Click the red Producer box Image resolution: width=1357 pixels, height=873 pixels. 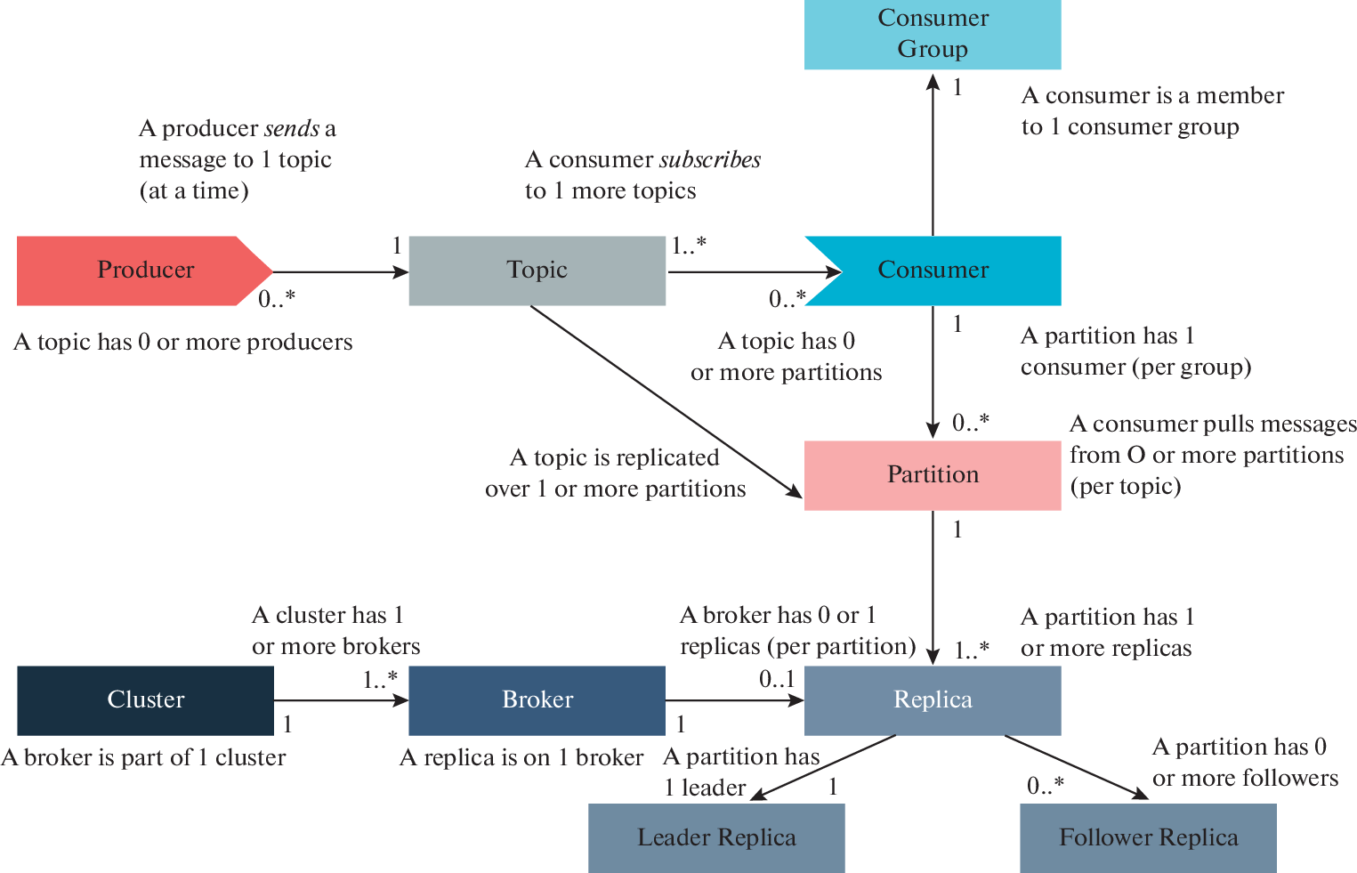click(x=133, y=271)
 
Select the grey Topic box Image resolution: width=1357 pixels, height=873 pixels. click(x=537, y=271)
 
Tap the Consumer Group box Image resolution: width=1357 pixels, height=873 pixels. click(x=933, y=34)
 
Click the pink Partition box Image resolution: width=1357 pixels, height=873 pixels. click(x=933, y=475)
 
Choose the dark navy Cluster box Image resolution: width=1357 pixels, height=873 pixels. click(x=145, y=700)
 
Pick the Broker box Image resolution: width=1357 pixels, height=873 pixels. click(x=537, y=700)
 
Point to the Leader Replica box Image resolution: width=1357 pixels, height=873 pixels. click(x=716, y=838)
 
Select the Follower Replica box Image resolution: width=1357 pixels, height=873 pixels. click(x=1148, y=838)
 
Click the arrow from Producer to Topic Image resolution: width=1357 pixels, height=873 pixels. click(x=338, y=272)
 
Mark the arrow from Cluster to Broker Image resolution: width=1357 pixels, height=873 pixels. click(x=338, y=700)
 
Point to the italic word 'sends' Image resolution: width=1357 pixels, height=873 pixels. click(x=292, y=129)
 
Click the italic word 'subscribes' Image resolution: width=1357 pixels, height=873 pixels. click(x=710, y=160)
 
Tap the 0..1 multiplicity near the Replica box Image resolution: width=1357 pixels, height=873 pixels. click(x=777, y=680)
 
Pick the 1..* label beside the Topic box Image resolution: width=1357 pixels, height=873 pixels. click(x=689, y=246)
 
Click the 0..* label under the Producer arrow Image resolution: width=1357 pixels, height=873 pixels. click(x=277, y=300)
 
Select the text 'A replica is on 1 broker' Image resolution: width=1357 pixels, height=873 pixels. click(x=521, y=758)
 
